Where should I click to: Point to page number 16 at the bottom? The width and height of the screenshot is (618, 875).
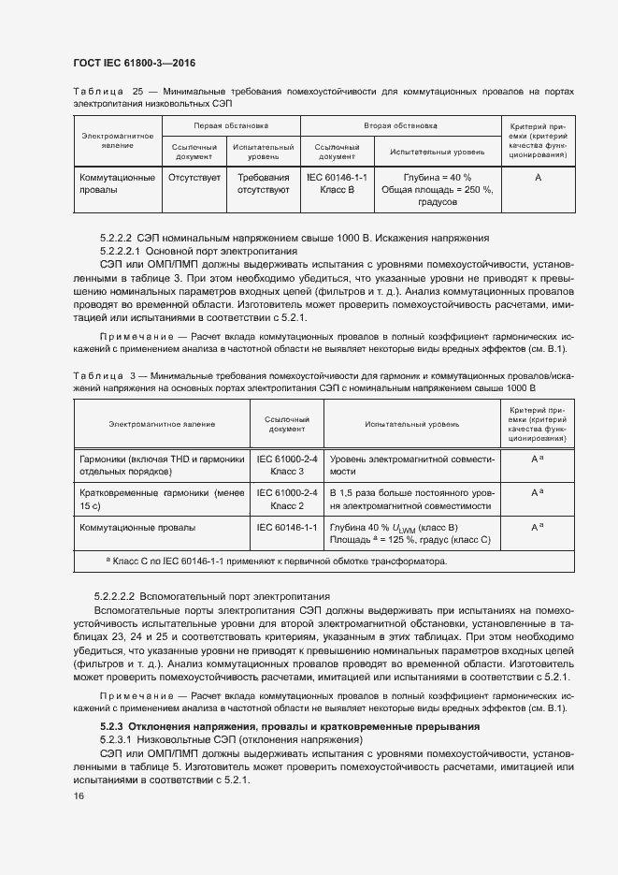(x=79, y=795)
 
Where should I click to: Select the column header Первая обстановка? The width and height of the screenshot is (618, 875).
(x=231, y=124)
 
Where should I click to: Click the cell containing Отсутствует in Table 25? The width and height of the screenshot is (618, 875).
(x=194, y=177)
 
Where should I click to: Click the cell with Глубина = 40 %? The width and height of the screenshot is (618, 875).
(x=437, y=177)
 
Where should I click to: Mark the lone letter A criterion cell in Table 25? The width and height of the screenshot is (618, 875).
(x=539, y=177)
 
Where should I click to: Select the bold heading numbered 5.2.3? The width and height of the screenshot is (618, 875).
(x=290, y=726)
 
